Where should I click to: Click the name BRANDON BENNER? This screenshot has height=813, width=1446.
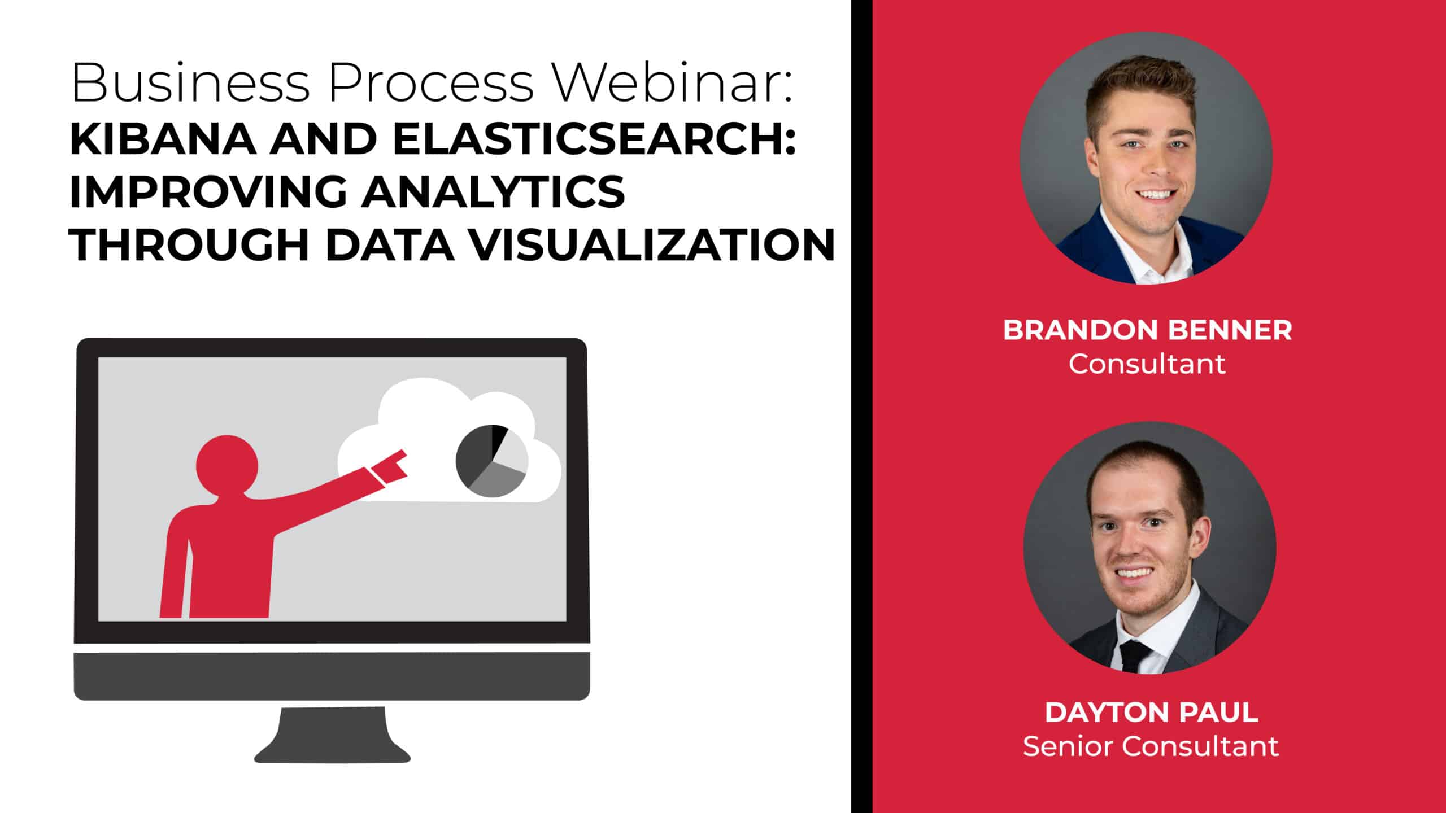1147,330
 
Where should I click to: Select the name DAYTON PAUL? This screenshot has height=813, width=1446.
1151,713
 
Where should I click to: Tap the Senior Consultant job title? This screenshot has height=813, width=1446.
1151,746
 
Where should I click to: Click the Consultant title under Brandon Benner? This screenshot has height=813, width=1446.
1147,364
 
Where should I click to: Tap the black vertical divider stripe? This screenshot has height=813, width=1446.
861,406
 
